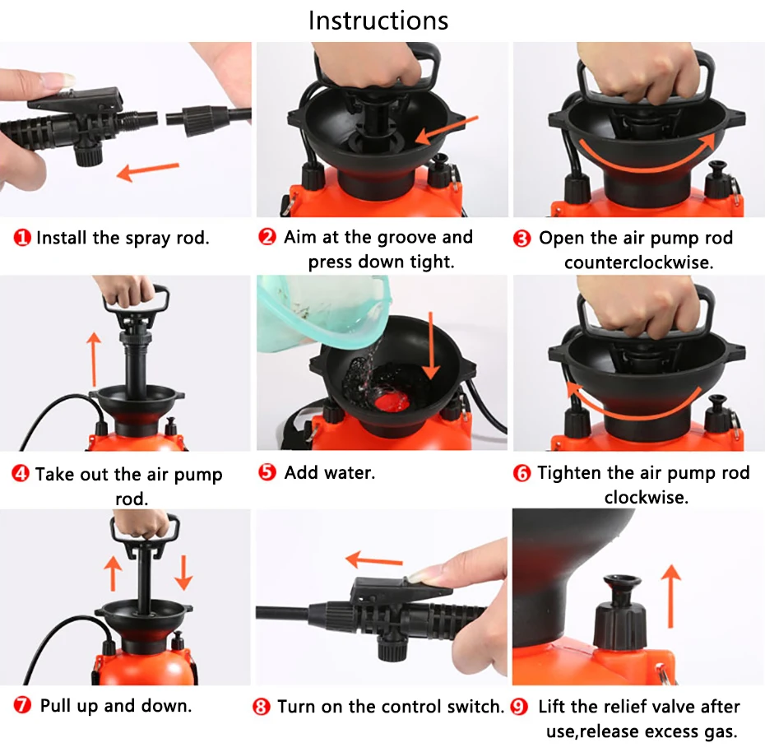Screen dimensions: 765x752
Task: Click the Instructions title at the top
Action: [378, 21]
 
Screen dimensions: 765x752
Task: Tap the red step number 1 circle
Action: [22, 238]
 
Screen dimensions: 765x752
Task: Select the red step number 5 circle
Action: [267, 472]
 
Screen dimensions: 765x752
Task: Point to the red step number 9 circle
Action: [519, 707]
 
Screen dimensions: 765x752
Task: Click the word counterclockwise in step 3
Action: [638, 262]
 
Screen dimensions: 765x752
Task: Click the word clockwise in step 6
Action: [646, 497]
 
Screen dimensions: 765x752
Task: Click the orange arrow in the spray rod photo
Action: [148, 171]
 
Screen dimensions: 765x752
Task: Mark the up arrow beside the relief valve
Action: [671, 596]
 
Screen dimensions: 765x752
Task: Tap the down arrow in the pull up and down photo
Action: [183, 573]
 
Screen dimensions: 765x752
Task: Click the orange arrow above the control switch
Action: [374, 559]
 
